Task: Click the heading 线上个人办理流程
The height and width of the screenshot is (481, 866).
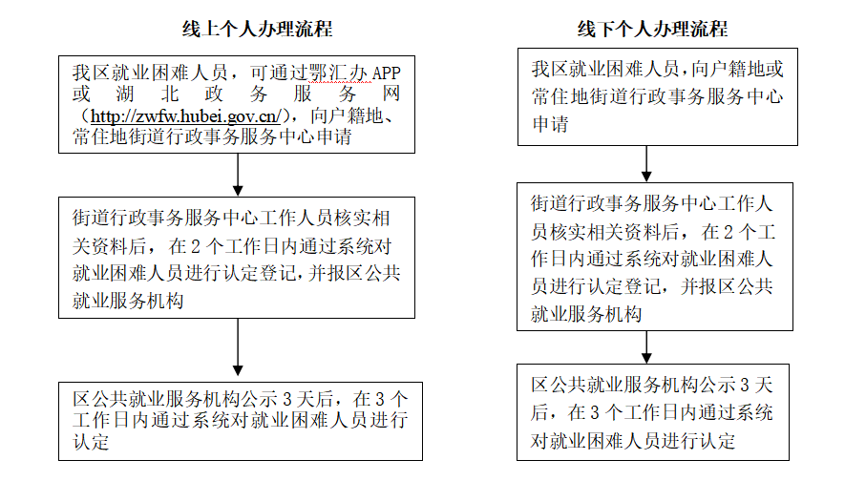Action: pyautogui.click(x=258, y=29)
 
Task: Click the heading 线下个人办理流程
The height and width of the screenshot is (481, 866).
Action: pyautogui.click(x=653, y=29)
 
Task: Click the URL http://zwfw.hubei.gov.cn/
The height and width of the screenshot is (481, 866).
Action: pyautogui.click(x=185, y=116)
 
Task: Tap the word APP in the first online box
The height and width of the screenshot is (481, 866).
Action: pyautogui.click(x=386, y=73)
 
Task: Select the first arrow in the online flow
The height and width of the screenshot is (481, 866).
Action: pyautogui.click(x=238, y=175)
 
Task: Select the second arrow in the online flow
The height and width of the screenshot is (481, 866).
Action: pyautogui.click(x=238, y=347)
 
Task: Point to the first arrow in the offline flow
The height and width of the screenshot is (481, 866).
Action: pyautogui.click(x=646, y=163)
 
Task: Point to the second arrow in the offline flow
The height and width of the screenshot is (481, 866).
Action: pyautogui.click(x=646, y=347)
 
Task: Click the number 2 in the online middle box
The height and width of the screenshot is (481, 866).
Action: pyautogui.click(x=195, y=246)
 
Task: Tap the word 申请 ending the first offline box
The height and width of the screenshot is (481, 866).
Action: pyautogui.click(x=550, y=124)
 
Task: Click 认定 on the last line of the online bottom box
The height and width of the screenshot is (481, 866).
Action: pyautogui.click(x=91, y=442)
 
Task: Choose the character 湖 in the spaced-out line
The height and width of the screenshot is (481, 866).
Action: pyautogui.click(x=125, y=94)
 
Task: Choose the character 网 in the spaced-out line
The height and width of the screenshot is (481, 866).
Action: pyautogui.click(x=391, y=94)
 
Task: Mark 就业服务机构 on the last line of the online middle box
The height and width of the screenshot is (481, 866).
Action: pyautogui.click(x=128, y=301)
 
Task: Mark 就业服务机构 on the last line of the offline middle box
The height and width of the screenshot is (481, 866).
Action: pyautogui.click(x=586, y=314)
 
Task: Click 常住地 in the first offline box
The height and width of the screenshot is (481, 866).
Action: pyautogui.click(x=560, y=96)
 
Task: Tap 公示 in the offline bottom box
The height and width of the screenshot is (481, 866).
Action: pyautogui.click(x=717, y=385)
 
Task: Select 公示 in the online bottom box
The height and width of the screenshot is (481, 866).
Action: pyautogui.click(x=259, y=399)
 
